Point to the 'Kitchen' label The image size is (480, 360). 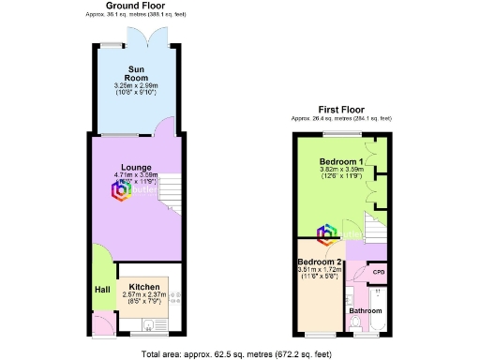tap(143, 287)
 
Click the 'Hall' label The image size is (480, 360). tap(102, 290)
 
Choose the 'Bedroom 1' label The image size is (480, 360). tap(340, 160)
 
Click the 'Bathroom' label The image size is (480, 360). tap(366, 310)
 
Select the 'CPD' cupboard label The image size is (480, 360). tap(379, 272)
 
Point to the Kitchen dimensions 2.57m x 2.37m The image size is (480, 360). tap(143, 294)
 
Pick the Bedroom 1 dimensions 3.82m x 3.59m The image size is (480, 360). tap(340, 169)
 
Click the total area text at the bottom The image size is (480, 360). tap(239, 353)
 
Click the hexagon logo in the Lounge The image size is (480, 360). tap(122, 190)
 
